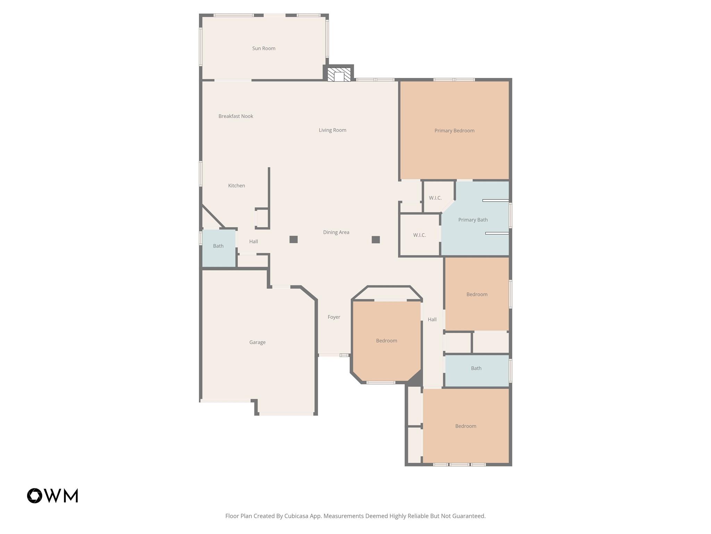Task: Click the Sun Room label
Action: pos(264,48)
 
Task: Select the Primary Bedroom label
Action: pos(454,131)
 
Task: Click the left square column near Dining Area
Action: pos(293,239)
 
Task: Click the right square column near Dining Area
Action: pos(376,240)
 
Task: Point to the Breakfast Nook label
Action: pos(235,116)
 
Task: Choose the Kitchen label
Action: pos(236,186)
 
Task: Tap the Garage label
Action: pos(257,342)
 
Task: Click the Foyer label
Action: pos(334,317)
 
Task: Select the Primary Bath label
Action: pos(473,220)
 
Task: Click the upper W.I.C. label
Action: pos(435,198)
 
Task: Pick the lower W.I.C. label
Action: pos(419,235)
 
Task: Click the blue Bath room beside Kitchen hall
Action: pos(218,246)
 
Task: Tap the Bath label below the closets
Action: pos(476,368)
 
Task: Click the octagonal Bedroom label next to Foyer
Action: pos(386,341)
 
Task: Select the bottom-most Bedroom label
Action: pos(466,426)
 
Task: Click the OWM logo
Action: pos(53,495)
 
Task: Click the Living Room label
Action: pos(332,130)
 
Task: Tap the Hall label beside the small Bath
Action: pos(253,242)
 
